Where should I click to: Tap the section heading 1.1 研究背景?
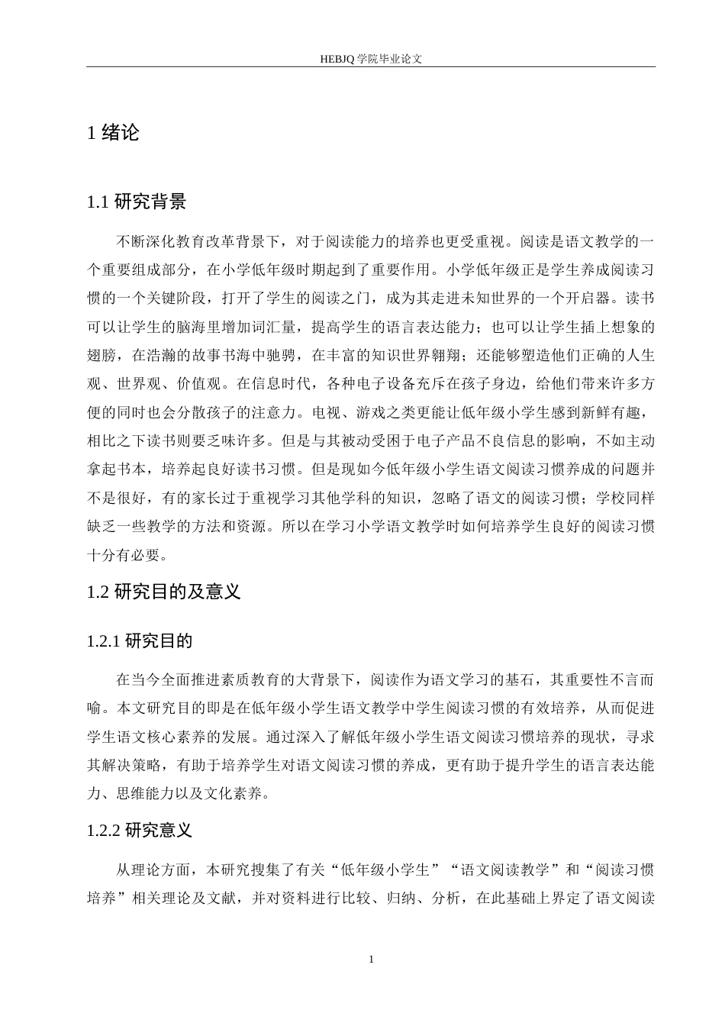pyautogui.click(x=137, y=202)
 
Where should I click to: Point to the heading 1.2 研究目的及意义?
pyautogui.click(x=164, y=592)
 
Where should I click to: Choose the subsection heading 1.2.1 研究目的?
pyautogui.click(x=140, y=641)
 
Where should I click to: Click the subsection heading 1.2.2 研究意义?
pyautogui.click(x=140, y=831)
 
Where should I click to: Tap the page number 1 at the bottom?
pyautogui.click(x=371, y=959)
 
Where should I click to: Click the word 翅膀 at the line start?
pyautogui.click(x=103, y=356)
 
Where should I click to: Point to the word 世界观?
pyautogui.click(x=140, y=384)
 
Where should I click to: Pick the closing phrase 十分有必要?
pyautogui.click(x=127, y=555)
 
